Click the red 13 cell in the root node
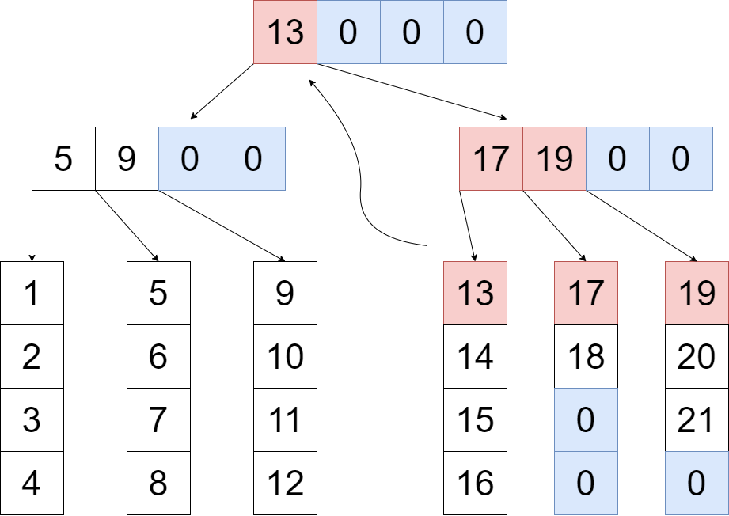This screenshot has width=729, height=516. (285, 32)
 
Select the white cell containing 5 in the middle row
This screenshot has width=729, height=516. (63, 158)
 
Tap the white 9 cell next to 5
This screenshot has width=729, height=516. (127, 158)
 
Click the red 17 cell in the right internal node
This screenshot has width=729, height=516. (491, 158)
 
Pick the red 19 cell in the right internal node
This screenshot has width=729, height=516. (554, 158)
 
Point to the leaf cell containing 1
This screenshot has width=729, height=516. (32, 294)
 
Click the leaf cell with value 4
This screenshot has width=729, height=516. (32, 483)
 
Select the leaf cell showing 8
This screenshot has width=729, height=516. (158, 483)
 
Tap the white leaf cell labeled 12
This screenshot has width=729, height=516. (285, 483)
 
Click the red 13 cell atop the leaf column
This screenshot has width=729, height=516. (475, 294)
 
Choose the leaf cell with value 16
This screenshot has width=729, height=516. (475, 483)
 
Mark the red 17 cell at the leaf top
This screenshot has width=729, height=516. (586, 294)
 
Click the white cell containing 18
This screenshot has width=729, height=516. (586, 357)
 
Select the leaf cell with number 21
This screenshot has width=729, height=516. (697, 420)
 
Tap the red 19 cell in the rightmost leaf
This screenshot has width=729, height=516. (697, 294)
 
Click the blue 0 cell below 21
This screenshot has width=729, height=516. (697, 483)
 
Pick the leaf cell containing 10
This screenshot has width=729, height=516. (285, 357)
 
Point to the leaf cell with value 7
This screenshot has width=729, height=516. (158, 420)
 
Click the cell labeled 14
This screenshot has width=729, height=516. (475, 357)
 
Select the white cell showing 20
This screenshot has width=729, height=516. (697, 357)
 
